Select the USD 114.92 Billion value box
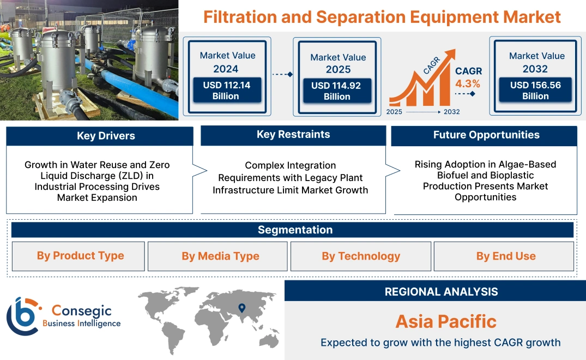(337, 91)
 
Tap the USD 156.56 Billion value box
(535, 90)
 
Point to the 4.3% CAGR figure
(468, 83)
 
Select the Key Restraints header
(293, 135)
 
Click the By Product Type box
(80, 256)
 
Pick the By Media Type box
(220, 256)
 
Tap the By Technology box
(361, 256)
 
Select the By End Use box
(505, 256)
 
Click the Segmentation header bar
(295, 230)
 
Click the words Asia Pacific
(445, 321)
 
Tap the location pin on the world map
(242, 308)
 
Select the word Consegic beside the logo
(81, 311)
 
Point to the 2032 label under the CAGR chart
(451, 112)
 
